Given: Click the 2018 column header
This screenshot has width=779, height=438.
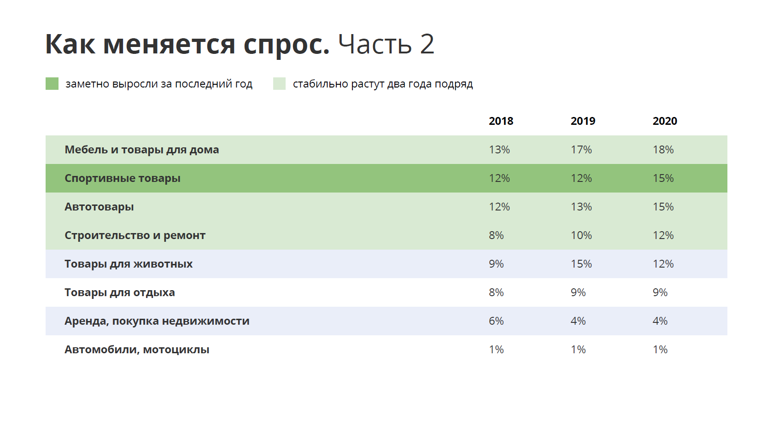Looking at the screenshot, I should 501,121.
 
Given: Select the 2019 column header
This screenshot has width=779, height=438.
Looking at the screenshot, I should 583,121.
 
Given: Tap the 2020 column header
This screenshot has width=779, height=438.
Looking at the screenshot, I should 665,121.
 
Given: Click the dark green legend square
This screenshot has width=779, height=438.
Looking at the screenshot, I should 52,84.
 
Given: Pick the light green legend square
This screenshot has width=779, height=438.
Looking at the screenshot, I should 279,84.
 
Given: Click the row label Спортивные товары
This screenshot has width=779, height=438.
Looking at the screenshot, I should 123,178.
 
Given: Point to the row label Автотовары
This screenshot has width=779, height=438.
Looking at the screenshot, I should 99,207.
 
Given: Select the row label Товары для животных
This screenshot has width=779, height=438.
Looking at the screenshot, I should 129,264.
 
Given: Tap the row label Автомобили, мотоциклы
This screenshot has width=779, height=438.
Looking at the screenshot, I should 137,350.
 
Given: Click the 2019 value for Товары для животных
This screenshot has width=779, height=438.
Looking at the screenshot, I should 581,264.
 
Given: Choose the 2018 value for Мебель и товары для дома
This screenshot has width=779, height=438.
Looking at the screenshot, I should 499,150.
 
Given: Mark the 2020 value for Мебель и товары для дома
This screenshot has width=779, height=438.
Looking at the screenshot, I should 663,150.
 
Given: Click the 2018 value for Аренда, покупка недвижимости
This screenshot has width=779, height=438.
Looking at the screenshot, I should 496,321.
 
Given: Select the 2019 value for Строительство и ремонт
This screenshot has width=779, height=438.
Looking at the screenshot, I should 581,235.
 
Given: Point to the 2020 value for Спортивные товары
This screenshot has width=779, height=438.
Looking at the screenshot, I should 663,178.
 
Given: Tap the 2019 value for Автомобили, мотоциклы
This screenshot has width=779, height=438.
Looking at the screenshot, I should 578,350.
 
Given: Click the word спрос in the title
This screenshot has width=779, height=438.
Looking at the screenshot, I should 286,45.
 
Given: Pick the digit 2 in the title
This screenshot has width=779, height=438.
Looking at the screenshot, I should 427,44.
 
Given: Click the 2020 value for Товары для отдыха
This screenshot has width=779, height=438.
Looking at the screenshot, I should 660,292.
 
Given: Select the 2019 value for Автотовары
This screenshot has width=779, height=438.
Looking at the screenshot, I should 581,207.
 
